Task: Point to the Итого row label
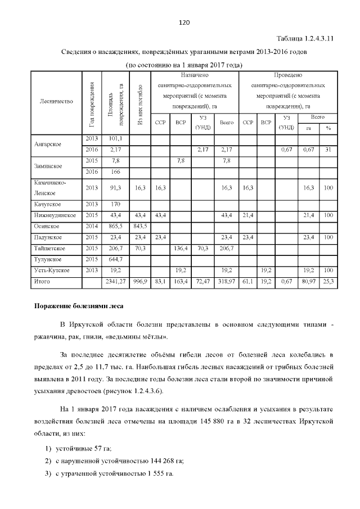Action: point(42,281)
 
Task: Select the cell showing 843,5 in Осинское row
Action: point(139,226)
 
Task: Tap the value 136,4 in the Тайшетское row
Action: point(181,248)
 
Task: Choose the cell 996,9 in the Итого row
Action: point(139,281)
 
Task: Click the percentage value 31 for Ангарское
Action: point(327,149)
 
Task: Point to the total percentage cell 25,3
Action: point(327,281)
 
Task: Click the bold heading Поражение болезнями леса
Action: point(71,307)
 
